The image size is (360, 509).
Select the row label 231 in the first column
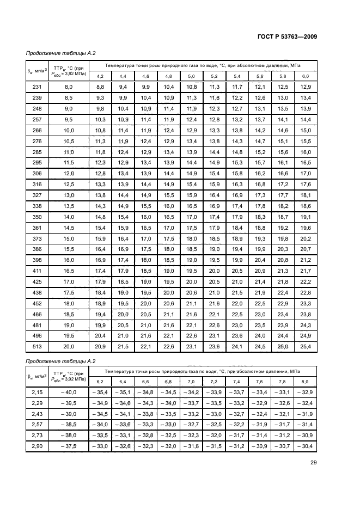pos(37,87)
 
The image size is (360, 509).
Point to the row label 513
pos(37,347)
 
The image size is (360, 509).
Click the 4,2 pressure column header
pos(100,76)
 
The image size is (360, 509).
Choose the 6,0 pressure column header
pos(306,76)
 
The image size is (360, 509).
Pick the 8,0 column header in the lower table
pos(306,381)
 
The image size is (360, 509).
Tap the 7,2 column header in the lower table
pos(214,381)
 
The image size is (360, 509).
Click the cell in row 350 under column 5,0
pos(191,217)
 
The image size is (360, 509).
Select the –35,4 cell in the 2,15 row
pos(100,392)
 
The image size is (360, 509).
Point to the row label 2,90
pos(36,446)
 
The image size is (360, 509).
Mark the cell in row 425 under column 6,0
pos(306,281)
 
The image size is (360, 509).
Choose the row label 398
pos(37,260)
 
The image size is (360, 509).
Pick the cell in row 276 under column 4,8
pos(168,141)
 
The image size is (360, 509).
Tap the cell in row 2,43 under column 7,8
pos(283,414)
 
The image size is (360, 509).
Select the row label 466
pos(37,314)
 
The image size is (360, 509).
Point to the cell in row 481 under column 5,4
pos(237,325)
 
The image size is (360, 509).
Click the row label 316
pos(37,185)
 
